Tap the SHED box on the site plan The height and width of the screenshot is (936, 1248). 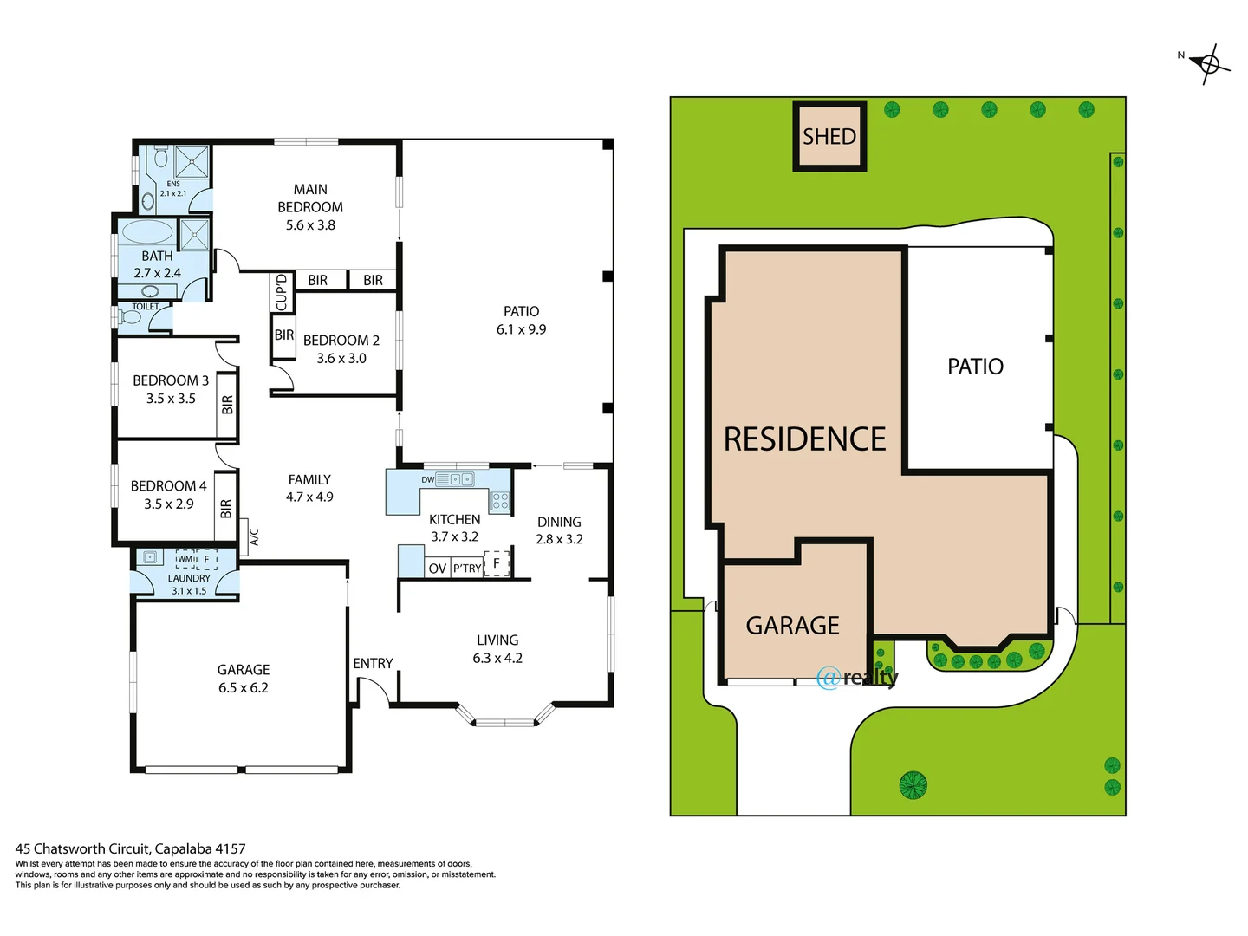coord(829,136)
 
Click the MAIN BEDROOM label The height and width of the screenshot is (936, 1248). coord(310,198)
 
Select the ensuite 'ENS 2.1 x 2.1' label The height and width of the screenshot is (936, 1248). coord(173,189)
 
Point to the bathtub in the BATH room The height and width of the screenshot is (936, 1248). coord(146,232)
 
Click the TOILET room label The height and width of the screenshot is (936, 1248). coord(146,307)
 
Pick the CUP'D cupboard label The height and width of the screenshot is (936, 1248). coord(281,292)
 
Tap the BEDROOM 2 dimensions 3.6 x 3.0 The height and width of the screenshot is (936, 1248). coord(341,359)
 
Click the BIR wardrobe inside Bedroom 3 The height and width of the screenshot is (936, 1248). coord(227,405)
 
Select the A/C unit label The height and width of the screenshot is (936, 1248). coord(254,537)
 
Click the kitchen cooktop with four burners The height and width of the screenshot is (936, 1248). coord(500,501)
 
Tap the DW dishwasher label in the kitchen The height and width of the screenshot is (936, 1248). coord(427,479)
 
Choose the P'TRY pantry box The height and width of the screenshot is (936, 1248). coord(467,569)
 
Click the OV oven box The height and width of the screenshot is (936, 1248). coord(438,569)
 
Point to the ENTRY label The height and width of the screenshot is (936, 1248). coord(373,663)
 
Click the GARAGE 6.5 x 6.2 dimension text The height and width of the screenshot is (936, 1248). coord(244,688)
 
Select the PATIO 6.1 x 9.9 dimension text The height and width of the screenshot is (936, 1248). coord(521,330)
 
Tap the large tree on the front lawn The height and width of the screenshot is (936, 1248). coord(913,785)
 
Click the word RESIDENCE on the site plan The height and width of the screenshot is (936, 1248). coord(804,439)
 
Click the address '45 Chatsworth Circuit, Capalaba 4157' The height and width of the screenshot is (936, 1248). coord(130,849)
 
